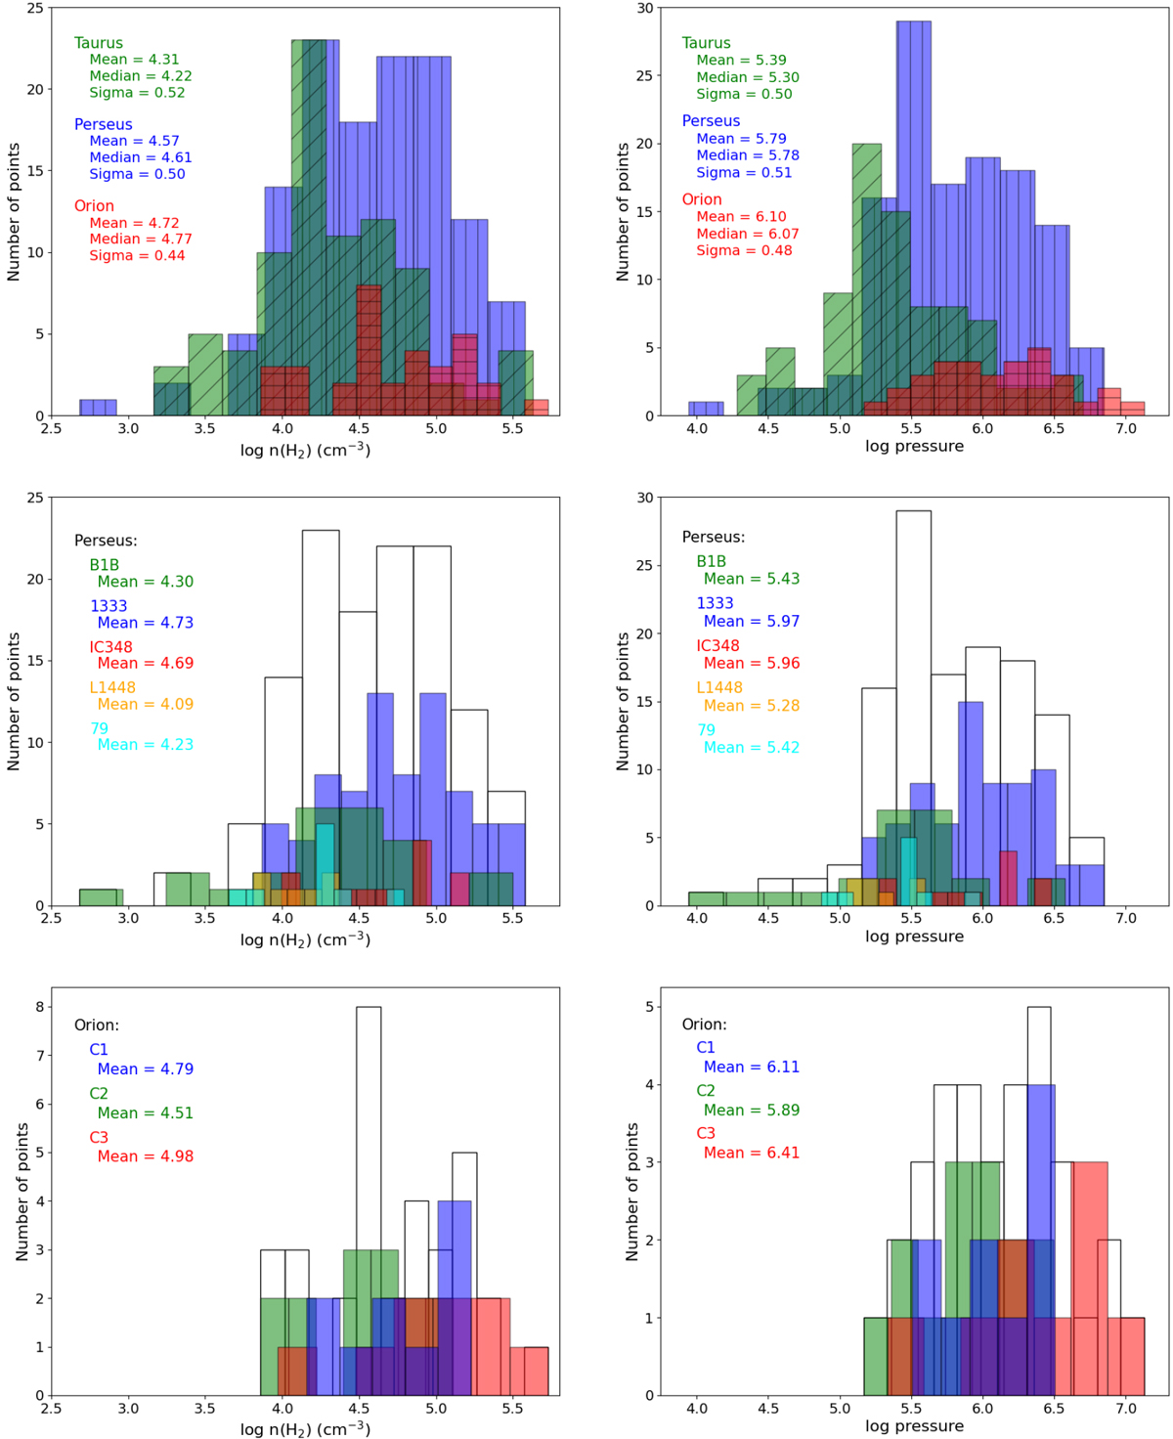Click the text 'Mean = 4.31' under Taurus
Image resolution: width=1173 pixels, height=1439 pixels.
134,60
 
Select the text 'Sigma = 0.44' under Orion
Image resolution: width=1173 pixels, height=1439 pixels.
137,255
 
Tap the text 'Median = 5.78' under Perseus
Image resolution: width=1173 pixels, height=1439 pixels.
747,155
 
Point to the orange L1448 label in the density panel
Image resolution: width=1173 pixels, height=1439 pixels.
112,687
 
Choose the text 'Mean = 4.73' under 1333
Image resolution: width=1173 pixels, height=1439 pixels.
145,623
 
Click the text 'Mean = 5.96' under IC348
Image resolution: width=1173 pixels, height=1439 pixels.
751,663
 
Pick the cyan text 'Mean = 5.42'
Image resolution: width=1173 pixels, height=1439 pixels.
751,747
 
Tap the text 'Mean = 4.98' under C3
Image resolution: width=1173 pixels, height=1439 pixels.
145,1156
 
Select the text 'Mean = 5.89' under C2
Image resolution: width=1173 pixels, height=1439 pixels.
751,1110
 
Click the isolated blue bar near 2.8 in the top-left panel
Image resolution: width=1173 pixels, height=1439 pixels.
98,407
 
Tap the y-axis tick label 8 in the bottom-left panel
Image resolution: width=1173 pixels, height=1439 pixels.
39,1007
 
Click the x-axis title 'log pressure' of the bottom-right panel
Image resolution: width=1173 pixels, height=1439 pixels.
914,1425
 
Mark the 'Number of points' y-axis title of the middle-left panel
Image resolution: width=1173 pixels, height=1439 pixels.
14,701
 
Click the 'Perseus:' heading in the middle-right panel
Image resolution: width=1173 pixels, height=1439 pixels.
713,537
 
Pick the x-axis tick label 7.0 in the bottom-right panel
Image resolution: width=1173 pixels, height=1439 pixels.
1125,1409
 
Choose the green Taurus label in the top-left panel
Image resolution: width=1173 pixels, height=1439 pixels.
99,43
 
